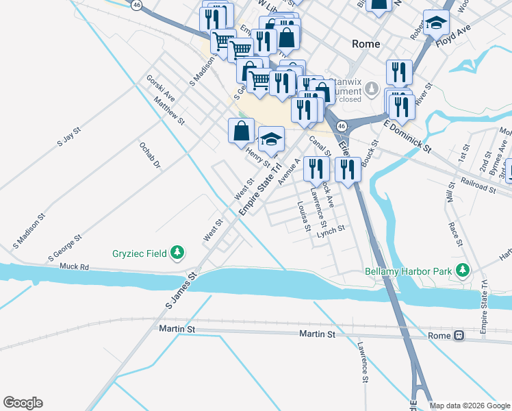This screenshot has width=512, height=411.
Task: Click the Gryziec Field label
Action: [x=140, y=253]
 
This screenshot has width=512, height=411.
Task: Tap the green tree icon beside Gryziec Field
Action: [x=178, y=253]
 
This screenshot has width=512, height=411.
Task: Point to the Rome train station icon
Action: [x=459, y=336]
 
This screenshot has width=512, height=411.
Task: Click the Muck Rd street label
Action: [x=75, y=266]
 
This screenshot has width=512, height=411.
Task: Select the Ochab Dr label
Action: [x=149, y=155]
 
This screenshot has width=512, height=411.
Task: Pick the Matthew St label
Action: [x=169, y=110]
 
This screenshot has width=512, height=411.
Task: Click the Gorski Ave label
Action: [x=160, y=88]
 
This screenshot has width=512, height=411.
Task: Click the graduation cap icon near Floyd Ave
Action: [x=436, y=23]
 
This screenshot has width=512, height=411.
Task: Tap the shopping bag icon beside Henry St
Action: [x=241, y=130]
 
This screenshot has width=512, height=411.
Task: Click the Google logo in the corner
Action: [x=23, y=403]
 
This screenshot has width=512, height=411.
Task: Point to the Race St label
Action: [x=455, y=232]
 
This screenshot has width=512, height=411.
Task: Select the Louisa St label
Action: [x=304, y=216]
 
